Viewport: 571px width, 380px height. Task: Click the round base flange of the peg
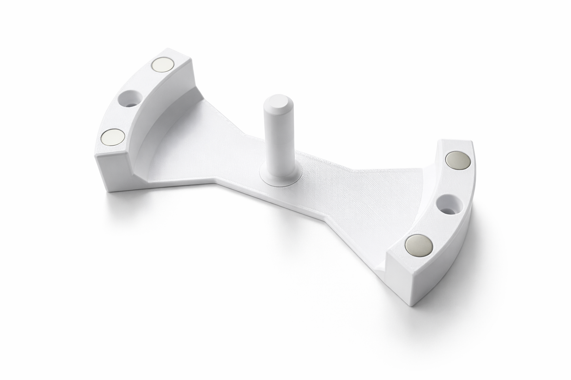279,180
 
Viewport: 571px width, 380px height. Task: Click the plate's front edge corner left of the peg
215,183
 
